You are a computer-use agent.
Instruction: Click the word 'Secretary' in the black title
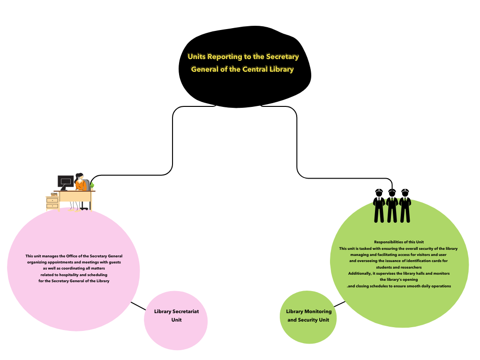tap(282, 56)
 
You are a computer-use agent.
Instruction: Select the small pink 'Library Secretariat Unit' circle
tap(176, 320)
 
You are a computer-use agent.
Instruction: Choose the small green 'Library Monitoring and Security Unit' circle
tap(308, 317)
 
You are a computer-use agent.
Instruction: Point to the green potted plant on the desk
tap(92, 187)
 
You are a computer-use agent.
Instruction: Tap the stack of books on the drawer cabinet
tap(54, 194)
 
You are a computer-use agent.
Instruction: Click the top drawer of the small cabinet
tap(52, 200)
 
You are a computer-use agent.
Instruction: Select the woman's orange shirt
tap(82, 186)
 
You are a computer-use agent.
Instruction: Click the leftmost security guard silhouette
tap(379, 206)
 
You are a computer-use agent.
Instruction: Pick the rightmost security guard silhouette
tap(405, 206)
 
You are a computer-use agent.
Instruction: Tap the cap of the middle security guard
tap(392, 190)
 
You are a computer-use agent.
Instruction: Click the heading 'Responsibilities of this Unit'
tap(399, 242)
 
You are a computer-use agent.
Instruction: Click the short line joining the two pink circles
tap(138, 306)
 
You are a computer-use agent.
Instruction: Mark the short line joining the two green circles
tap(339, 304)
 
